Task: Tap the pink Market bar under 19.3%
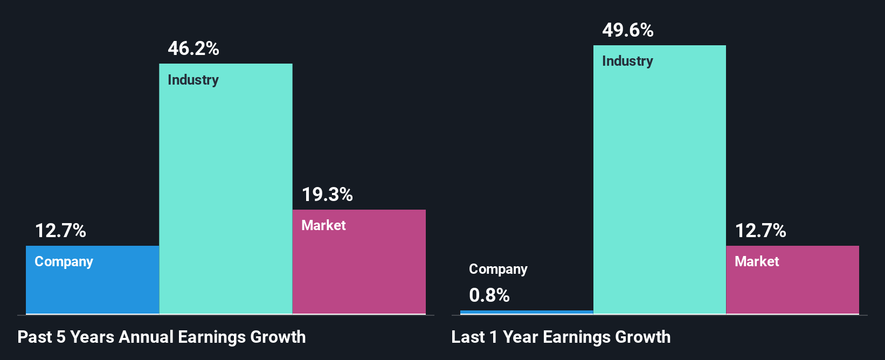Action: (359, 269)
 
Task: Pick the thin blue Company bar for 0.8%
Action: (527, 311)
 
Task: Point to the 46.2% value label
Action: (193, 49)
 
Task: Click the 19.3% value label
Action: (327, 195)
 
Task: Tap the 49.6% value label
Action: (628, 30)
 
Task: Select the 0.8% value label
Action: (489, 295)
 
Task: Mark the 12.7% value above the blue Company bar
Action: (60, 231)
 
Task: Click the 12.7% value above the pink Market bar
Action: (760, 231)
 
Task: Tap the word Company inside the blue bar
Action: (64, 261)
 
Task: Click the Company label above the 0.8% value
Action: (498, 269)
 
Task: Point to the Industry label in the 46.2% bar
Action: (193, 80)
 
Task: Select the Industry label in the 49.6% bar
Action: (627, 61)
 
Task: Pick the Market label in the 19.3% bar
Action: (323, 225)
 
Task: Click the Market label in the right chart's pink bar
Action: (757, 261)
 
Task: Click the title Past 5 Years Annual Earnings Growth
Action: (162, 337)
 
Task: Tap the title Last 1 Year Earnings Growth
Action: (561, 337)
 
